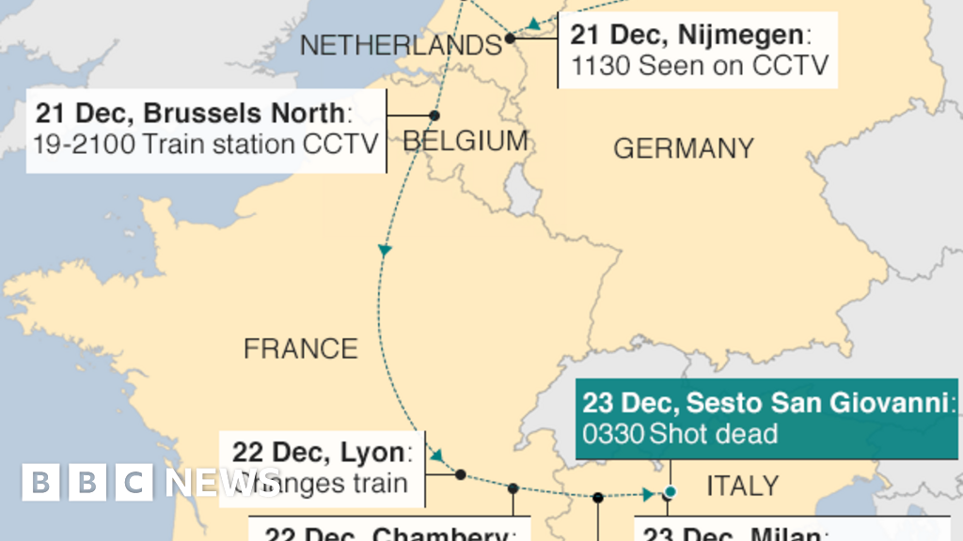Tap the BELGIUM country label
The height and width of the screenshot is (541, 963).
pos(466,141)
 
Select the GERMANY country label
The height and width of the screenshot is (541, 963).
pos(684,147)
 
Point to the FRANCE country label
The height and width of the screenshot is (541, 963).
pos(301,348)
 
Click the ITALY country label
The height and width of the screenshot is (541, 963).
pos(742,485)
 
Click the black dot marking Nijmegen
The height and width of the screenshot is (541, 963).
pos(510,39)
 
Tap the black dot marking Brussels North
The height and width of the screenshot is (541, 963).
pos(434,116)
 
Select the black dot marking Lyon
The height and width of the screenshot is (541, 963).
pos(460,474)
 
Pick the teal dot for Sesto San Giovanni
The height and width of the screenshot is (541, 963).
pos(671,491)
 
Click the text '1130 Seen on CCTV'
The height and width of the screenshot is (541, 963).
pos(700,66)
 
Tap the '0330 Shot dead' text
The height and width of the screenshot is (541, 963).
pos(680,433)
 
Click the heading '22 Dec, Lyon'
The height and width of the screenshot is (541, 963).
pos(321,453)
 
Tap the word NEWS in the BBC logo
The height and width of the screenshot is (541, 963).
pos(223,482)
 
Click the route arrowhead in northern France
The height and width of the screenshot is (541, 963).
pos(384,251)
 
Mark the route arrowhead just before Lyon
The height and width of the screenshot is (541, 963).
pos(438,456)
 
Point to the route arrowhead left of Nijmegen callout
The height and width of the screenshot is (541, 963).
pos(533,24)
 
